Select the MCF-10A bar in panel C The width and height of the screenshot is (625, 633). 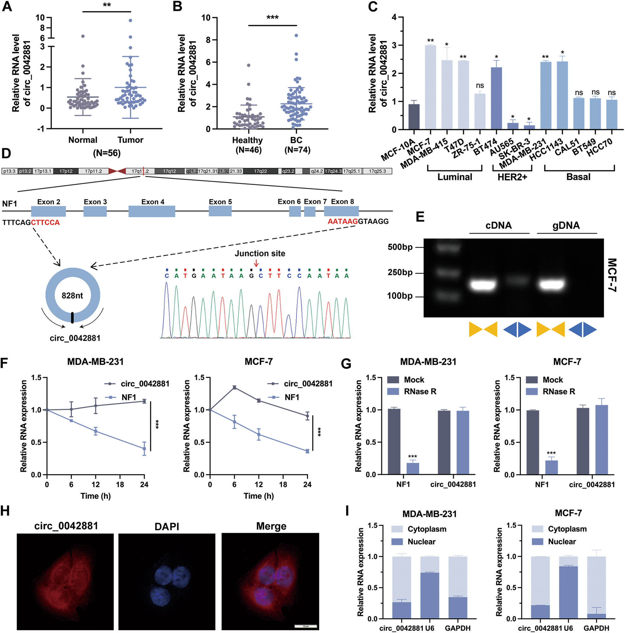tap(414, 116)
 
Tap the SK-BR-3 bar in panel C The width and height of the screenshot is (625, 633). tap(529, 127)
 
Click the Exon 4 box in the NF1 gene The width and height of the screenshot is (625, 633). tap(152, 211)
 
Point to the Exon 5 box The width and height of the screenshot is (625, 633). tap(220, 211)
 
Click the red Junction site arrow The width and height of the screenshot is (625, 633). tap(256, 263)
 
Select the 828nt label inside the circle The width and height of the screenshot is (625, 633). tap(72, 295)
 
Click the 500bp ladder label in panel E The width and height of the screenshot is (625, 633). tap(400, 247)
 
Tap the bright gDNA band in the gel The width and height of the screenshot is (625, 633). tap(552, 285)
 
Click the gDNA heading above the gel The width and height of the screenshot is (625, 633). tap(566, 226)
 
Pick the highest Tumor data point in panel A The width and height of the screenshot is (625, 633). tap(130, 20)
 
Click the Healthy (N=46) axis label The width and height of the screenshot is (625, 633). tap(247, 145)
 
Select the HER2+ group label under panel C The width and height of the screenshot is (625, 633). tap(512, 177)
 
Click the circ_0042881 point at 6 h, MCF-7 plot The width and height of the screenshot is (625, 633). tap(234, 387)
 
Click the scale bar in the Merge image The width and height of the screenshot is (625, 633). tap(305, 626)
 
